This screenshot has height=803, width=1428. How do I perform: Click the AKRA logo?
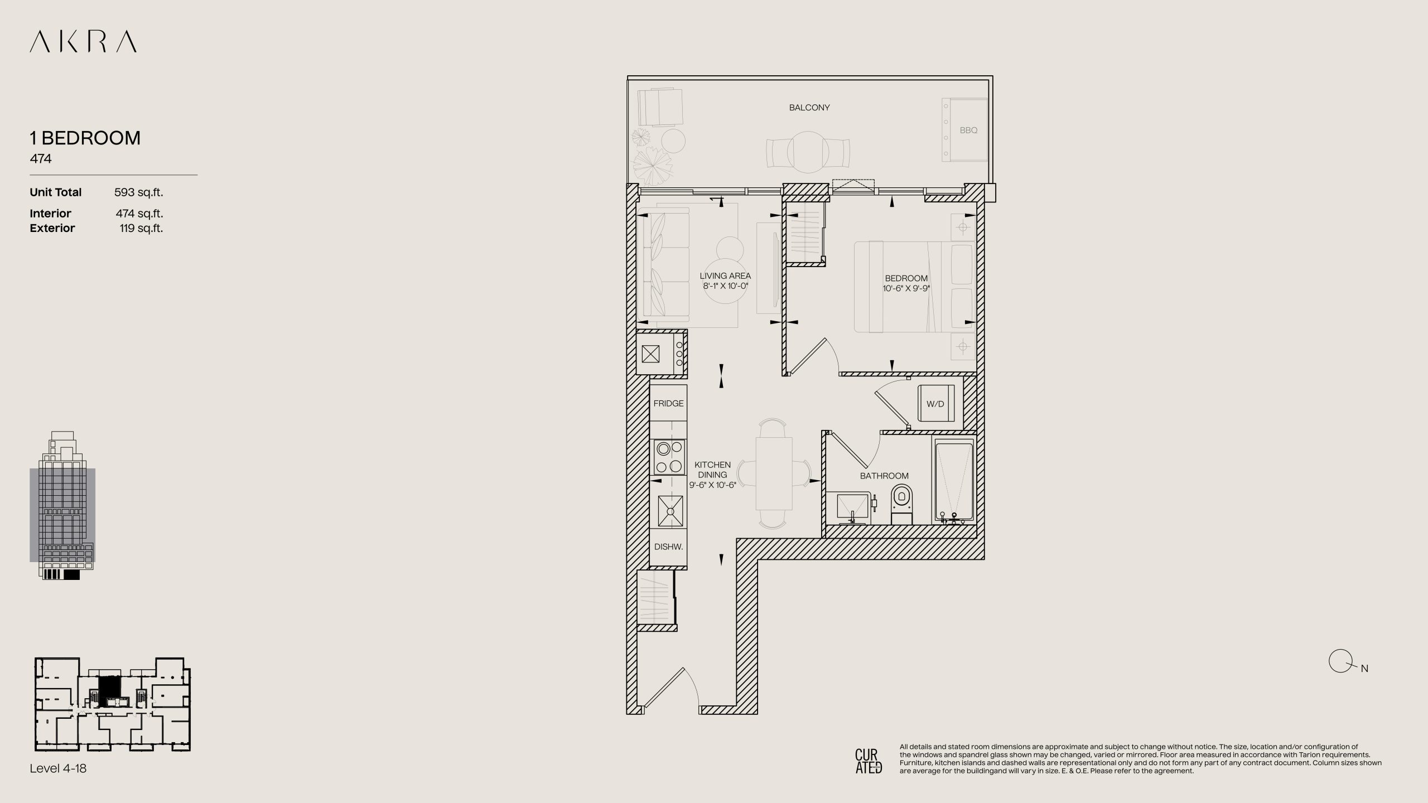point(83,42)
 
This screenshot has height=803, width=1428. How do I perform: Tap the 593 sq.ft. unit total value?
point(138,192)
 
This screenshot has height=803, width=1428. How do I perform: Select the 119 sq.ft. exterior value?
point(141,228)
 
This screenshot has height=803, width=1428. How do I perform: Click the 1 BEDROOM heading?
point(85,138)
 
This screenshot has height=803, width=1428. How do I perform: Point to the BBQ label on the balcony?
point(968,130)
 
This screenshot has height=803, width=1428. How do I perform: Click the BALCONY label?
point(809,108)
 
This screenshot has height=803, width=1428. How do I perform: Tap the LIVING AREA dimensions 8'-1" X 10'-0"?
point(725,286)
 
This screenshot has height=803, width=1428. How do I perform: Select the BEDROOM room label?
point(906,278)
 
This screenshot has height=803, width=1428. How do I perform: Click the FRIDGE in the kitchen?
point(668,403)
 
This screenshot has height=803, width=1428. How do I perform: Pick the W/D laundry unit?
point(935,404)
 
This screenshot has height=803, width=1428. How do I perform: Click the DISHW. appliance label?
point(669,547)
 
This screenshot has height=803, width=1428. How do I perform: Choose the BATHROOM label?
point(884,476)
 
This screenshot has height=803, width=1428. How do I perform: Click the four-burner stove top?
point(669,457)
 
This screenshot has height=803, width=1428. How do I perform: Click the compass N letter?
point(1364,669)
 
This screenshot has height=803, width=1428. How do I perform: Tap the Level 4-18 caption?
point(58,768)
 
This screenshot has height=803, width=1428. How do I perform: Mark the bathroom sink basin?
point(853,508)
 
